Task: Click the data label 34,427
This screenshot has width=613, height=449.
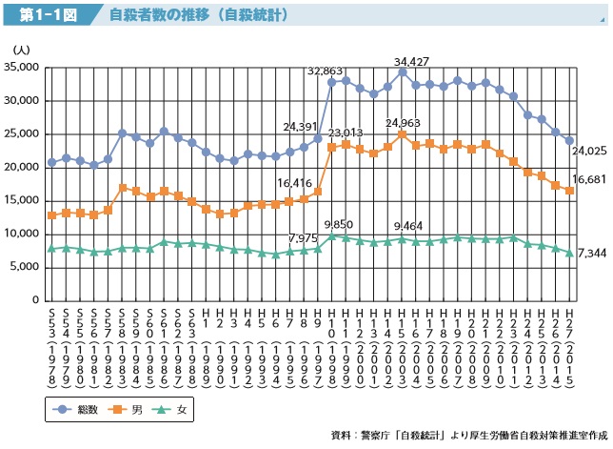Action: [412, 62]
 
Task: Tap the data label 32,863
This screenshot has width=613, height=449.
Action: [325, 71]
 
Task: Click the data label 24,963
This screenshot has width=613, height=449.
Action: [404, 123]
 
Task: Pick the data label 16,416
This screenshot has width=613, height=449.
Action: [295, 183]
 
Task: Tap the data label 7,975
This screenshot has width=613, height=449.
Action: [305, 212]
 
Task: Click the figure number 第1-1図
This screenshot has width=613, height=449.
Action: [41, 16]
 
